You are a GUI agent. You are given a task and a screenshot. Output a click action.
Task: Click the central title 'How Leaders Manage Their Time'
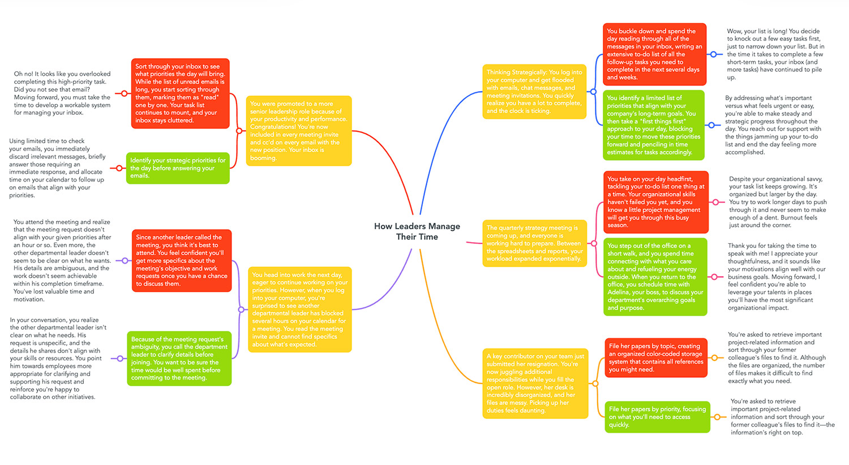click(x=417, y=231)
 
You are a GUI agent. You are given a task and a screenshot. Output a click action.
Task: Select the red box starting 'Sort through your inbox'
click(x=180, y=93)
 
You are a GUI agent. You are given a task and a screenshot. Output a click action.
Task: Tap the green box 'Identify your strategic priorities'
click(x=178, y=168)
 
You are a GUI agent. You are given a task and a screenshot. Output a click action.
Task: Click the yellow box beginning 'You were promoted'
click(x=299, y=131)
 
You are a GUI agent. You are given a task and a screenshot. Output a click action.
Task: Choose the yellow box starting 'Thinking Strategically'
click(x=534, y=92)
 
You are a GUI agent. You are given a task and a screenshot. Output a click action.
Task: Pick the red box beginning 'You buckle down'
click(x=654, y=54)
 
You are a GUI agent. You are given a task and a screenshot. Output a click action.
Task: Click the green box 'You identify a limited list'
click(x=653, y=125)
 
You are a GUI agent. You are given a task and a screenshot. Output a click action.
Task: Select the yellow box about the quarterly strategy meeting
click(x=534, y=243)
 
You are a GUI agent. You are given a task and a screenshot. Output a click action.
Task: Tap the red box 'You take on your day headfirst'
click(x=656, y=202)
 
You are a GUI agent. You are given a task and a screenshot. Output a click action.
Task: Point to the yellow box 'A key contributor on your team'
click(x=535, y=384)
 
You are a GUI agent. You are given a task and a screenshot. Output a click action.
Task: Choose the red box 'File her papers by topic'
click(x=656, y=358)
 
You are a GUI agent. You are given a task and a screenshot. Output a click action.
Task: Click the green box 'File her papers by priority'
click(x=657, y=417)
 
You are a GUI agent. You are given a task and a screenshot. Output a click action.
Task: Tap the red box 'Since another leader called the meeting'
click(x=182, y=260)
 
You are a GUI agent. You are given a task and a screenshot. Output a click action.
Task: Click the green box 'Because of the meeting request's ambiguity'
click(x=179, y=359)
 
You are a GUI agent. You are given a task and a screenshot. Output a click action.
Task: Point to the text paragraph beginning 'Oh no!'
click(x=62, y=93)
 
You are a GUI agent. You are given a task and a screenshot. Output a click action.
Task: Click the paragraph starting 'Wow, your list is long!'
click(x=775, y=54)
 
